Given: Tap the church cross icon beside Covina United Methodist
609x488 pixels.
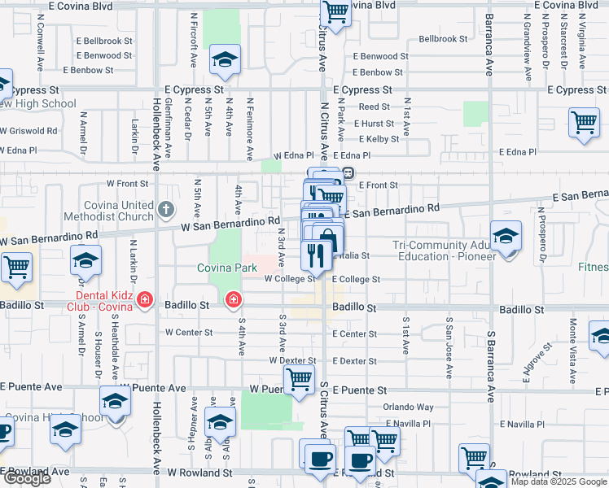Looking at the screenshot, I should tap(165, 208).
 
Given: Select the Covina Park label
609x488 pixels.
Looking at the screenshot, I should tap(226, 268).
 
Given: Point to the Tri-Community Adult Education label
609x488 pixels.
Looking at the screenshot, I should tap(443, 251).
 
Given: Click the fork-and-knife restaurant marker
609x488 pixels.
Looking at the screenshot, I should tap(315, 255).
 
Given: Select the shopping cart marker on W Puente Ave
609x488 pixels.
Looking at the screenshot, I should tap(299, 379).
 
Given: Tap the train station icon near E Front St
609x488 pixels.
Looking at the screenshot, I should tap(348, 172).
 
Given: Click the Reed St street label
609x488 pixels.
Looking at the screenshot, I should tap(375, 107).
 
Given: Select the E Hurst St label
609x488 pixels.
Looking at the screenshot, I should tap(374, 124).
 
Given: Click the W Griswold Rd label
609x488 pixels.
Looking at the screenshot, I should tap(28, 130).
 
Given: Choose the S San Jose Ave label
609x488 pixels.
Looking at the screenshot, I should tap(448, 348).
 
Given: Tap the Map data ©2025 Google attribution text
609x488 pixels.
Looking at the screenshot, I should tap(557, 481).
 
